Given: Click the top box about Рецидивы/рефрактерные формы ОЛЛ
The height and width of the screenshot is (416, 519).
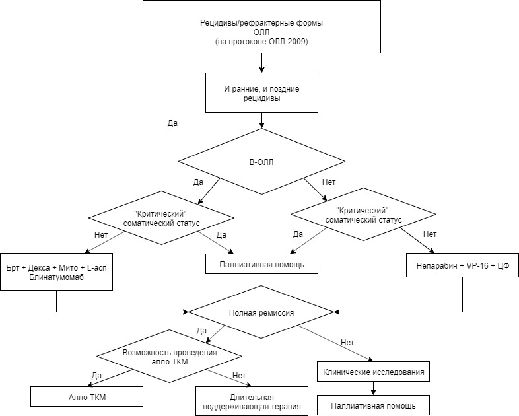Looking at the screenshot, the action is pyautogui.click(x=261, y=26).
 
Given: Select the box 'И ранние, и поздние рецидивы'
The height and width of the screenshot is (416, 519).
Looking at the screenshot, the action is pyautogui.click(x=261, y=93).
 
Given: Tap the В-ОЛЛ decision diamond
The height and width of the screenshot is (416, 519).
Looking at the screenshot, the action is pyautogui.click(x=261, y=162).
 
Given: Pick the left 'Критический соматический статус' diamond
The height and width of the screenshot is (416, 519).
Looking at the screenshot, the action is pyautogui.click(x=162, y=218).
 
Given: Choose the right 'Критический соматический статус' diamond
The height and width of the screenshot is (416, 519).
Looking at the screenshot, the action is pyautogui.click(x=363, y=215).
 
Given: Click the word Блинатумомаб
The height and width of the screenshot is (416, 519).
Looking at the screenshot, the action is pyautogui.click(x=57, y=277).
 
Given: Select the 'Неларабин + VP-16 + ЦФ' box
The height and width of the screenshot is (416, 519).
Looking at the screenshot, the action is pyautogui.click(x=462, y=265).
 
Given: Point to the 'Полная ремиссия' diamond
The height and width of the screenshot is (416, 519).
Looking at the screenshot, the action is pyautogui.click(x=261, y=312).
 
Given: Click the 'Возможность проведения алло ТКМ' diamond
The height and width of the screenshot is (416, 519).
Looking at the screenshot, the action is pyautogui.click(x=169, y=357).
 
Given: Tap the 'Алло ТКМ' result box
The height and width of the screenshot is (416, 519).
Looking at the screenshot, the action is pyautogui.click(x=86, y=396).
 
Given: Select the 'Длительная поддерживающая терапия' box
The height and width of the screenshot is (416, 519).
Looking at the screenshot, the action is pyautogui.click(x=252, y=401).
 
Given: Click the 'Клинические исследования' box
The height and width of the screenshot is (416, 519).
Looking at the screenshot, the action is pyautogui.click(x=373, y=372).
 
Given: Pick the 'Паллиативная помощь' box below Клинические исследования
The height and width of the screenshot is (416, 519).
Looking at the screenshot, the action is pyautogui.click(x=373, y=405).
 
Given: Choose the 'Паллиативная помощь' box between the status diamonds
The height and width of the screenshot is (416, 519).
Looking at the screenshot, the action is pyautogui.click(x=261, y=263).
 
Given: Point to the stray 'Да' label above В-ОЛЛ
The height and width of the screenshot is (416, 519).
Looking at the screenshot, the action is pyautogui.click(x=172, y=123).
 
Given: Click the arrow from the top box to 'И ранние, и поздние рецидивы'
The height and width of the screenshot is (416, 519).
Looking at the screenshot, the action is pyautogui.click(x=261, y=63).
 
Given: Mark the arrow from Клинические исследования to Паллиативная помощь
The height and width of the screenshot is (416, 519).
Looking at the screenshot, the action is pyautogui.click(x=373, y=388).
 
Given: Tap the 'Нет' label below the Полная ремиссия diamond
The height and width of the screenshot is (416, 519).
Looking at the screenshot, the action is pyautogui.click(x=347, y=343).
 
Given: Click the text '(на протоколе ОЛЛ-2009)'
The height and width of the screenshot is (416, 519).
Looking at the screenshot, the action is pyautogui.click(x=261, y=42).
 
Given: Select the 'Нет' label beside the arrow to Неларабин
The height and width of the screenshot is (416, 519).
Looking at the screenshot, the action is pyautogui.click(x=430, y=234).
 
